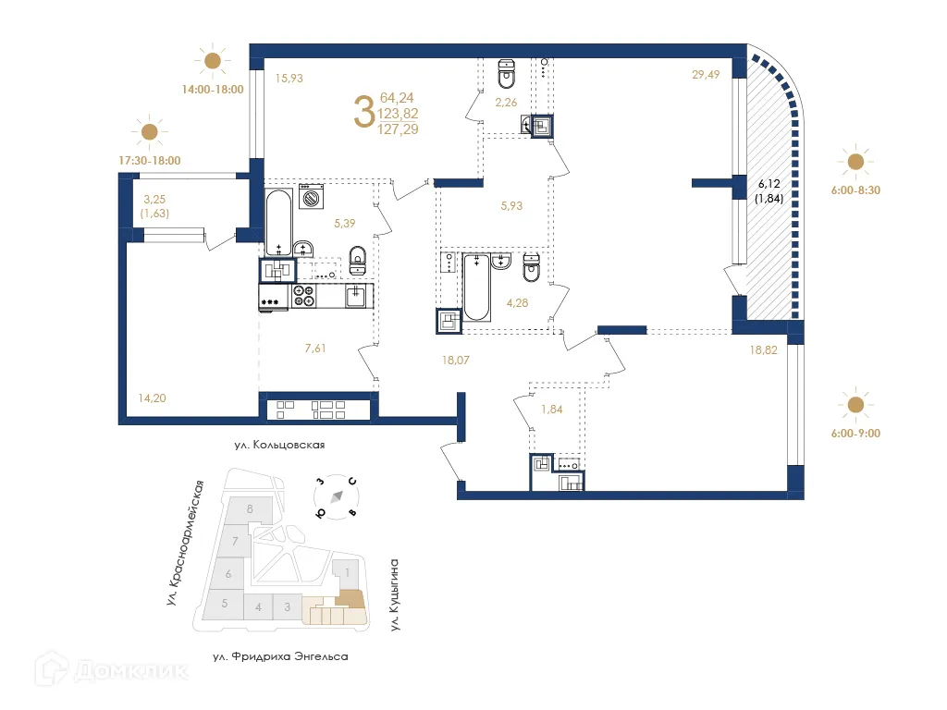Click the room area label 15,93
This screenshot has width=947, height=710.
point(289,78)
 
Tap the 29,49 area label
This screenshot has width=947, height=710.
point(706,76)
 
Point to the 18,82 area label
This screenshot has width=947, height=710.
point(764,351)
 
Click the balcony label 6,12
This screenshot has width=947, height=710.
point(769,184)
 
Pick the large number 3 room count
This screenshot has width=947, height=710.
point(364,112)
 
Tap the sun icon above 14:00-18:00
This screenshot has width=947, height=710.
point(213,61)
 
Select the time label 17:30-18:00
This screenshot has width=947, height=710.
point(149,160)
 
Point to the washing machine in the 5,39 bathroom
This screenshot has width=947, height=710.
point(311,198)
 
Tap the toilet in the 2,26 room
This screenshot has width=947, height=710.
point(506,70)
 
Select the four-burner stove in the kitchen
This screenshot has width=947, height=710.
point(304,296)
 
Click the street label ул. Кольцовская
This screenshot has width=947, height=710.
point(279,445)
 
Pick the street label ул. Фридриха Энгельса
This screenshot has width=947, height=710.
point(279,656)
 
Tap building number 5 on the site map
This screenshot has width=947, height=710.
point(224,603)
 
